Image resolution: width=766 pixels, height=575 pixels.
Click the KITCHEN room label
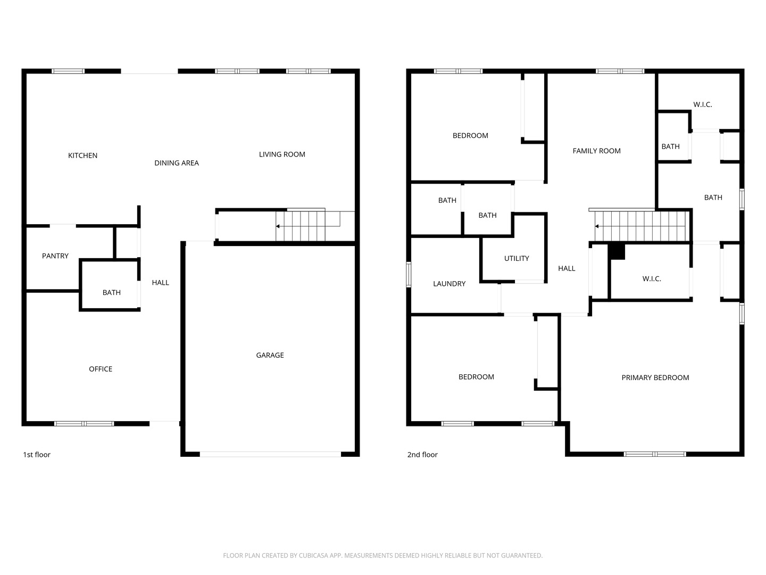[x=82, y=155]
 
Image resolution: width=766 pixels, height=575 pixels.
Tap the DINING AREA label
[x=177, y=163]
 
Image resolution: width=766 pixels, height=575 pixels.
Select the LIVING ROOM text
[x=282, y=154]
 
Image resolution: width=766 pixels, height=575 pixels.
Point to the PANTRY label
[x=55, y=256]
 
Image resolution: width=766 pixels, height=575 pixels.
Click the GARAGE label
[x=270, y=355]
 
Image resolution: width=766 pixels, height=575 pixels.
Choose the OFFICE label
[x=101, y=369]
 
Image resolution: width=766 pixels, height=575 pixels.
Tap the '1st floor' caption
[x=37, y=455]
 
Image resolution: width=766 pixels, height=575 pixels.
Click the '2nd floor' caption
[x=422, y=455]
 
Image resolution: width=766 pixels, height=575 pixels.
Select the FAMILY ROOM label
[x=596, y=151]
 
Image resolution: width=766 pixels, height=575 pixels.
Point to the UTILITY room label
[x=517, y=258]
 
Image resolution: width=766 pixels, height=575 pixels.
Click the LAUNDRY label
[x=449, y=284]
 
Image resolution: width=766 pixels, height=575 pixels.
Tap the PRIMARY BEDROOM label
[x=655, y=377]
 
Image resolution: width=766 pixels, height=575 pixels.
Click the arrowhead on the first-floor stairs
[x=278, y=226]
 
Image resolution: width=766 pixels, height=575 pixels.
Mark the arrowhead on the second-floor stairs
[x=597, y=226]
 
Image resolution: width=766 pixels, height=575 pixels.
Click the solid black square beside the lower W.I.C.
[x=617, y=251]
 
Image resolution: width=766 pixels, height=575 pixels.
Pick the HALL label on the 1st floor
[x=160, y=282]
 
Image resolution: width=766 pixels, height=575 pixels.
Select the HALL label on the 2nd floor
[x=567, y=268]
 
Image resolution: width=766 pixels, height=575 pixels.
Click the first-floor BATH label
[x=111, y=293]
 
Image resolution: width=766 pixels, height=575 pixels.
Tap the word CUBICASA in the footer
[x=313, y=555]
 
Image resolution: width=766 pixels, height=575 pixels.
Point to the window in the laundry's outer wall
[x=409, y=275]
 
